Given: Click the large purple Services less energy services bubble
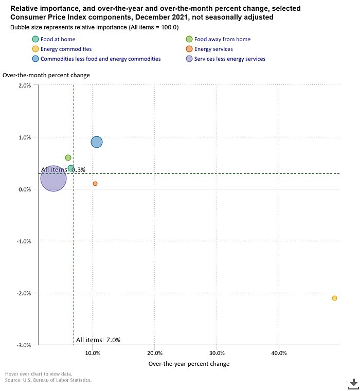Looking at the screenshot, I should click(x=53, y=179).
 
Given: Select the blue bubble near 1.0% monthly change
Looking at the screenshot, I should click(x=97, y=142).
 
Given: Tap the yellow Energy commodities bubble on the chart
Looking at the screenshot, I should click(x=334, y=298).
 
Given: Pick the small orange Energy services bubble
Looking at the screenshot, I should click(x=95, y=184).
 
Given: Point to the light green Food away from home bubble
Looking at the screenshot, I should click(x=68, y=158).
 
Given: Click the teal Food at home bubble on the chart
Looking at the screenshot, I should click(x=71, y=168).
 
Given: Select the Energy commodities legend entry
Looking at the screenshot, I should click(x=66, y=49).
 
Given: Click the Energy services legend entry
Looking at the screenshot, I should click(x=213, y=49).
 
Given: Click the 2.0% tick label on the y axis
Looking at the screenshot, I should click(x=24, y=85).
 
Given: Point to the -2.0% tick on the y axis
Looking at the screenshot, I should click(x=23, y=293).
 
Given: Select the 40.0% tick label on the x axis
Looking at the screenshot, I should click(x=279, y=353).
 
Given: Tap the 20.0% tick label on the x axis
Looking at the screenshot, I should click(x=155, y=353).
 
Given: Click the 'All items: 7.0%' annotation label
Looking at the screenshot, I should click(x=98, y=340).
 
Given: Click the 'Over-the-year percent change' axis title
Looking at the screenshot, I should click(x=189, y=364).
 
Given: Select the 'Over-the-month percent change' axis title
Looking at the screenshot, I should click(x=46, y=75).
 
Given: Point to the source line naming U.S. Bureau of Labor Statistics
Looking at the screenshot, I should click(x=48, y=380).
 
